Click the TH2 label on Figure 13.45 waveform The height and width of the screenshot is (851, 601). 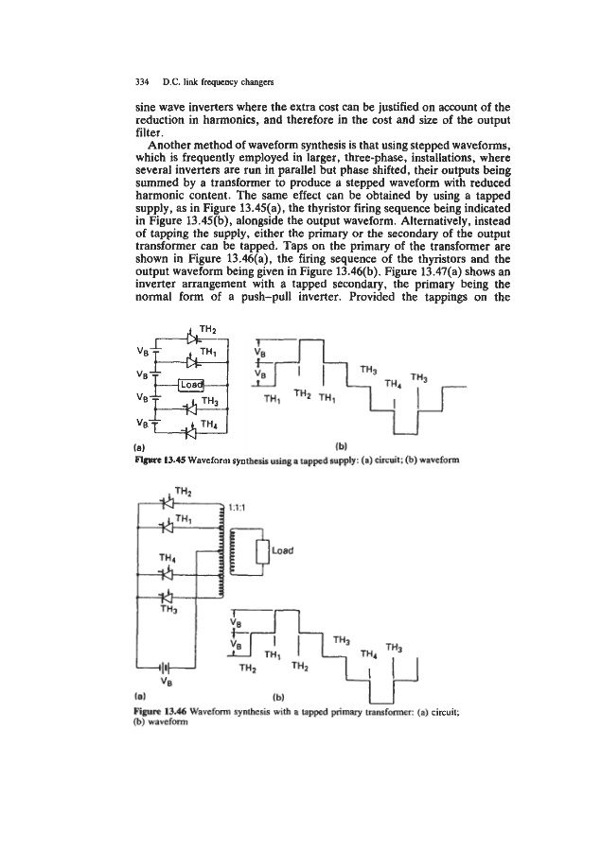[x=305, y=392]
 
